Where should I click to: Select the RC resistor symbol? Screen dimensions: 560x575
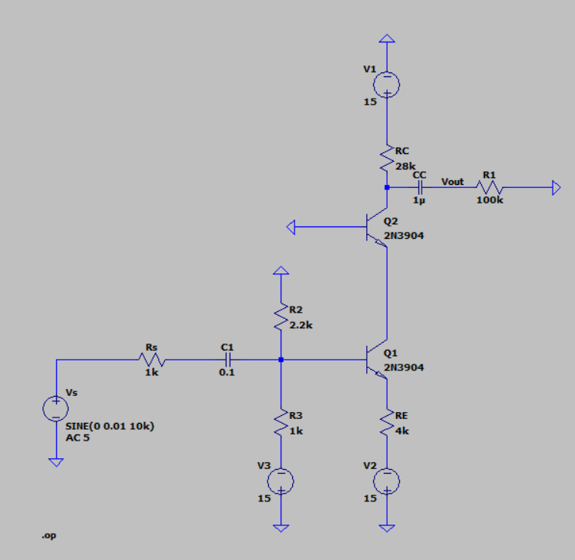(x=387, y=159)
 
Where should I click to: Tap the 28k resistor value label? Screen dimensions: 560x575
(x=405, y=166)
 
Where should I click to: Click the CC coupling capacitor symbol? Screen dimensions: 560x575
(x=419, y=187)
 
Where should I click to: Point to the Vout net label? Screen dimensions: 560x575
(x=452, y=182)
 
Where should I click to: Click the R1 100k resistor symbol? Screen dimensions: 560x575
(x=489, y=187)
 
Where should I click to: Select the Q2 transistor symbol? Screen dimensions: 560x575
(x=376, y=227)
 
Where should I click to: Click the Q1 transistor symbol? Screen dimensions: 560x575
(x=376, y=359)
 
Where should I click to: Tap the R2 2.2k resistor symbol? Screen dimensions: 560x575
(x=281, y=317)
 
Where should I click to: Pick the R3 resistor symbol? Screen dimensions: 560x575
(x=281, y=423)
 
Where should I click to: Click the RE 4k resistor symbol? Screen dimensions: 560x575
(x=387, y=423)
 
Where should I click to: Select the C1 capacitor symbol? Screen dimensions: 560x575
(x=227, y=359)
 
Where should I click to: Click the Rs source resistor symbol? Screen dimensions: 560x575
(x=151, y=359)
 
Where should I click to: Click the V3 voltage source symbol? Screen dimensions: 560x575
(x=281, y=481)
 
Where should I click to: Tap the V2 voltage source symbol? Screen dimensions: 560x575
(x=387, y=481)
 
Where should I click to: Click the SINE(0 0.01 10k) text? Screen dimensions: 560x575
(x=109, y=426)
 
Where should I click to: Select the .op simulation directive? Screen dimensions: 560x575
(x=48, y=534)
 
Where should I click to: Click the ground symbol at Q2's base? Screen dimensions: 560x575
(x=292, y=226)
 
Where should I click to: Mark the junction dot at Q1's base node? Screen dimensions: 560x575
(x=281, y=359)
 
